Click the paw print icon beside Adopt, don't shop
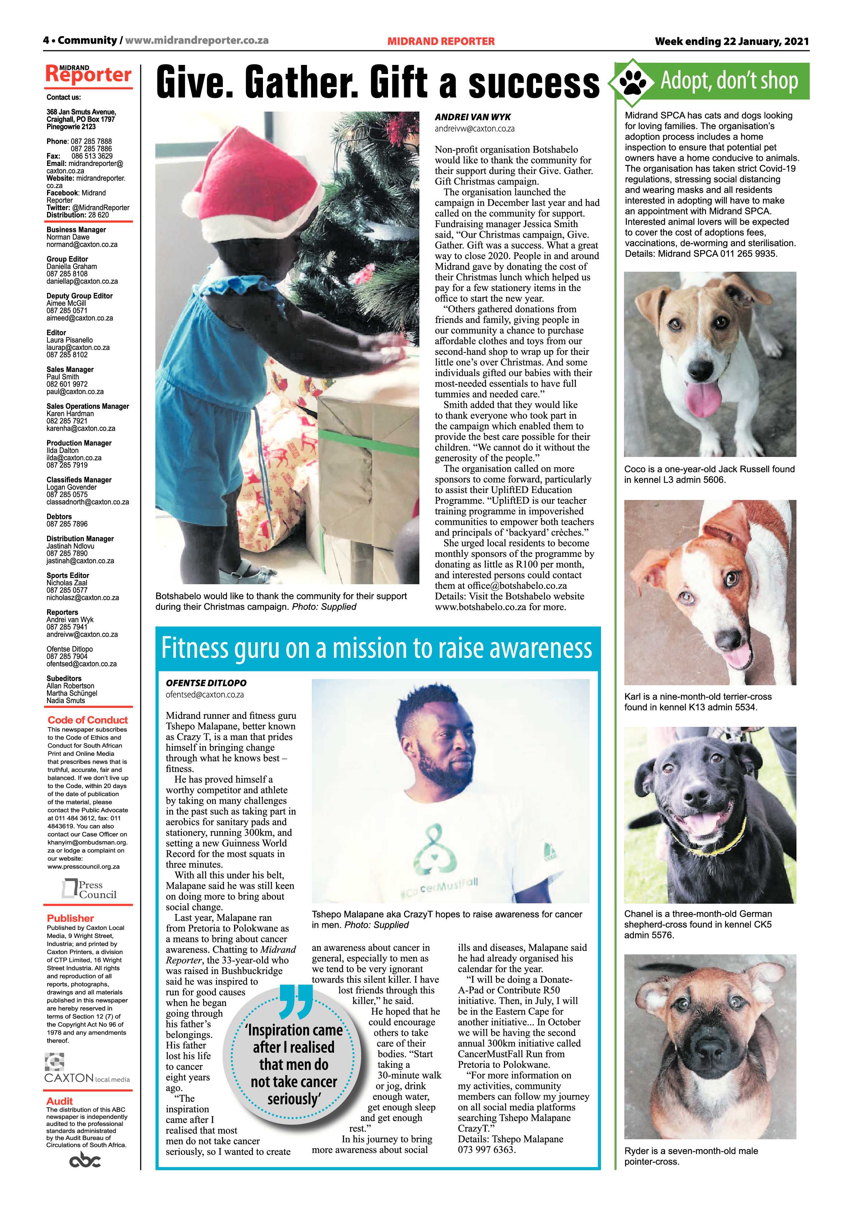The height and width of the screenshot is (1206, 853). [633, 81]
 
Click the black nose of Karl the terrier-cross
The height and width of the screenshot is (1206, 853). [731, 639]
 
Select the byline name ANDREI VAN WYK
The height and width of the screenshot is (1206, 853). [473, 117]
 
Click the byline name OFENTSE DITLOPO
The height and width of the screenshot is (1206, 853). [206, 683]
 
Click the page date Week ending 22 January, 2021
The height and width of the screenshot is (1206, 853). [731, 41]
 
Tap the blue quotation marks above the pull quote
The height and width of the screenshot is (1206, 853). [296, 1000]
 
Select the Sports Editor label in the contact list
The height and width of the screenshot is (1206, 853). [68, 575]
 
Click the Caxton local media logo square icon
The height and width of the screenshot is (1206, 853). [55, 1062]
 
